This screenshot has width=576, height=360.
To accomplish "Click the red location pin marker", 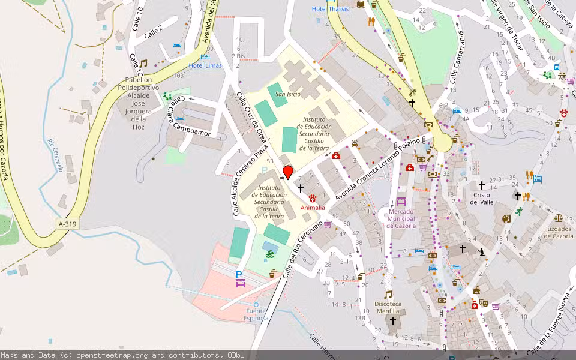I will [x=287, y=173].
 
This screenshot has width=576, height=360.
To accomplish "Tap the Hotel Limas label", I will [x=205, y=65].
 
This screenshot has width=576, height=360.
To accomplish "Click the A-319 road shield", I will [x=68, y=224].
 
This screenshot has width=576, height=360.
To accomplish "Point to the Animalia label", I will [x=313, y=208].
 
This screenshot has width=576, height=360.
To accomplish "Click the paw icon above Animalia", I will [x=313, y=198].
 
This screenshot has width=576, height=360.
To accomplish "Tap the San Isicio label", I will [x=288, y=94].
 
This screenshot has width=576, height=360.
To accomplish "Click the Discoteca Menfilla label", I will [x=388, y=307].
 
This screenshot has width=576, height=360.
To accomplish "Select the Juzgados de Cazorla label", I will [x=559, y=232].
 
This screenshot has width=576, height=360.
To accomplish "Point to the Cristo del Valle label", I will [x=481, y=199].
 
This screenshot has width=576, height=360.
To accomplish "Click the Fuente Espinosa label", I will [x=256, y=314].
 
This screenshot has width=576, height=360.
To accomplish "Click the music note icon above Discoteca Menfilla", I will [x=388, y=295].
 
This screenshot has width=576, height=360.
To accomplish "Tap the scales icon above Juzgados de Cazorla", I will [x=559, y=219].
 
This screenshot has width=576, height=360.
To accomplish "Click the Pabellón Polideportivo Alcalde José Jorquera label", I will [x=139, y=103].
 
